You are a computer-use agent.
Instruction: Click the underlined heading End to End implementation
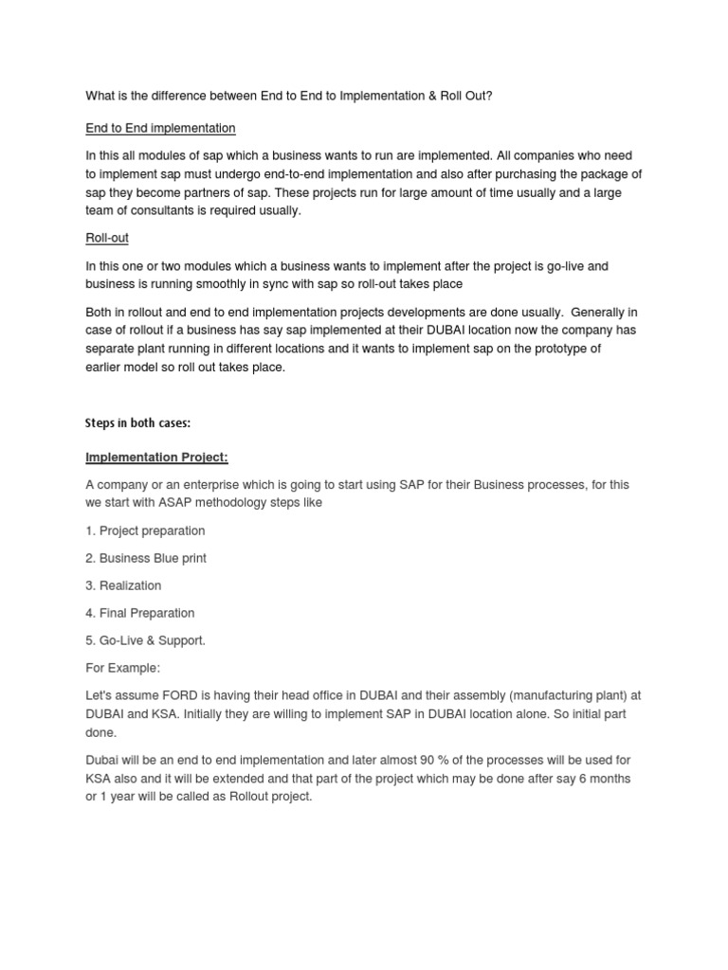(x=160, y=128)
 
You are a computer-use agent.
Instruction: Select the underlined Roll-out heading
(x=107, y=239)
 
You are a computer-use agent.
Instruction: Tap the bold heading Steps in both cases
(x=138, y=422)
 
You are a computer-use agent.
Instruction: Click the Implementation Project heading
(x=156, y=458)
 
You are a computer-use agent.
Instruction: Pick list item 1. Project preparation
(x=145, y=530)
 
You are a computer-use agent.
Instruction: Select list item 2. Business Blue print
(x=146, y=558)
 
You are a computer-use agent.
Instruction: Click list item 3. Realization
(x=123, y=585)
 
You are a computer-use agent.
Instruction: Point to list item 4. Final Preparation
(x=140, y=613)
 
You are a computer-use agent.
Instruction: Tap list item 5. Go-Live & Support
(x=145, y=640)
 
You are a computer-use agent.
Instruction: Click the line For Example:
(x=123, y=668)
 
